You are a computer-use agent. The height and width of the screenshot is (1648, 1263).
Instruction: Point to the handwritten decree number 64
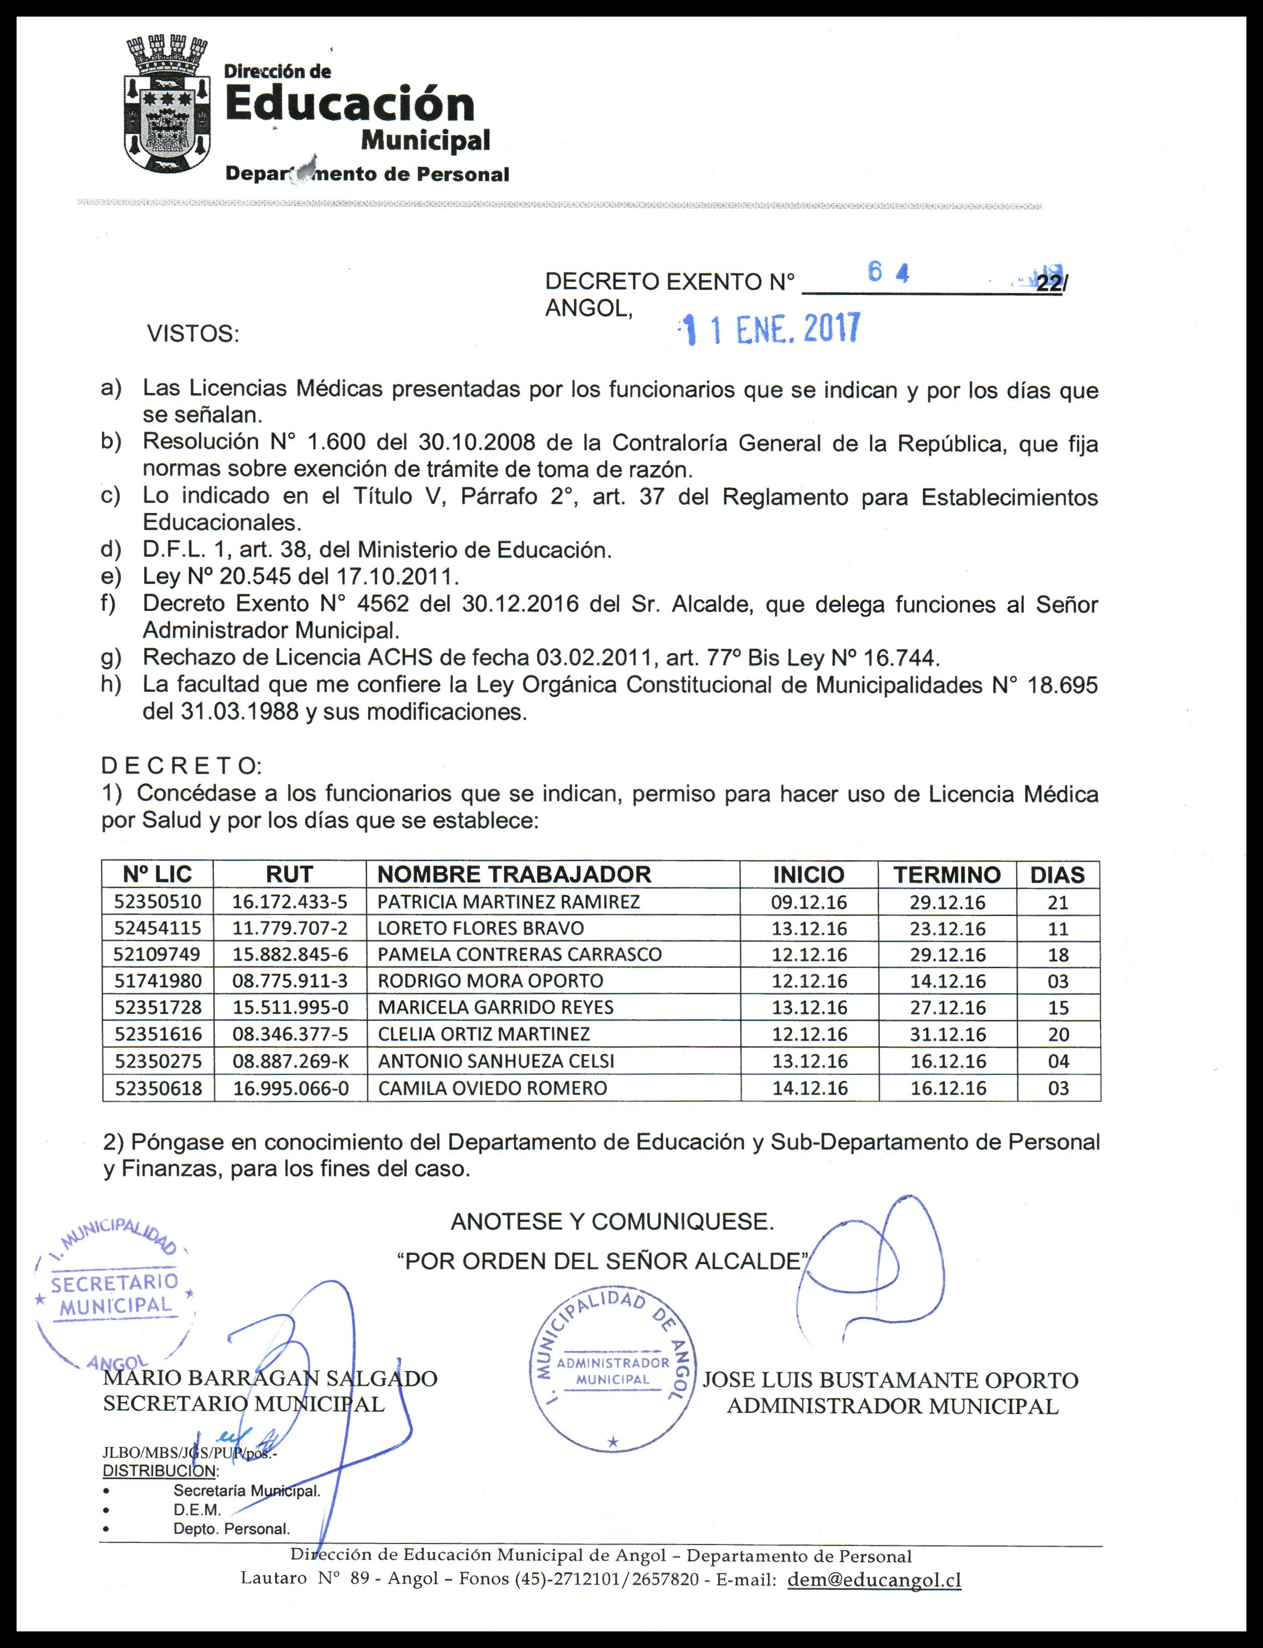(888, 272)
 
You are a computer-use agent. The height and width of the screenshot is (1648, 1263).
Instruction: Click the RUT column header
(289, 874)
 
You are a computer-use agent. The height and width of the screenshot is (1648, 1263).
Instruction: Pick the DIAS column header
(1057, 875)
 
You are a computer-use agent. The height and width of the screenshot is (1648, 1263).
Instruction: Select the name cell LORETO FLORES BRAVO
(481, 928)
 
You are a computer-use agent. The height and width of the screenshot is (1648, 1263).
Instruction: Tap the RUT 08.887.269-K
(290, 1061)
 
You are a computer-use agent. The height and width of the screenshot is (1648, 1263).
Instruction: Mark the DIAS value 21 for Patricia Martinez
(1058, 902)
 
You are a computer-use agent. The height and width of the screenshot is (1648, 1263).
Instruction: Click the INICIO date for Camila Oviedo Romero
(809, 1088)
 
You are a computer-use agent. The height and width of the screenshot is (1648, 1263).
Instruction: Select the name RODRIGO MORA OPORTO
(490, 981)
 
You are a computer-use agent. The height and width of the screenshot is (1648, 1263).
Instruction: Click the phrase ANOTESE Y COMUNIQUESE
(612, 1221)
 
